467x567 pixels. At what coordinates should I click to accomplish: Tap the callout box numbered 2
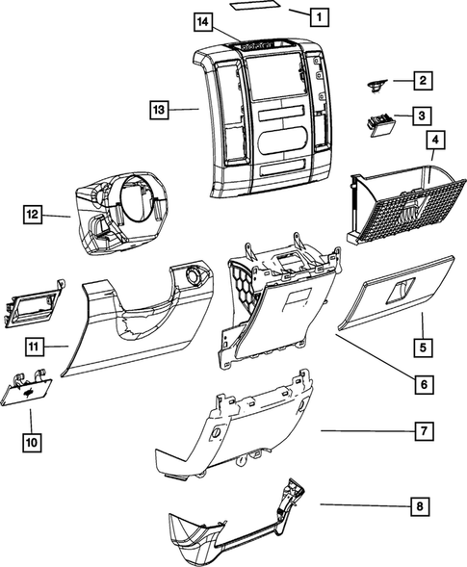click(422, 82)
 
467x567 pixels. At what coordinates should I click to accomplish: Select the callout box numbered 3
click(422, 116)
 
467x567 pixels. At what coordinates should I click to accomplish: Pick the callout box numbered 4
click(435, 141)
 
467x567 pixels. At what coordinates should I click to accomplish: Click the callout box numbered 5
click(422, 343)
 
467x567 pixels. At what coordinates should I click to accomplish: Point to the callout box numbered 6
click(422, 384)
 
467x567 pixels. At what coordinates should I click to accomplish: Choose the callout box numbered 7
click(422, 431)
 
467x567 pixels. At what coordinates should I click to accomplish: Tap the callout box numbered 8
click(422, 504)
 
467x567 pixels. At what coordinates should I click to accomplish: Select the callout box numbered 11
click(32, 346)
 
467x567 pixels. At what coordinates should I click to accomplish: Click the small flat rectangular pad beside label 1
click(255, 7)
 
